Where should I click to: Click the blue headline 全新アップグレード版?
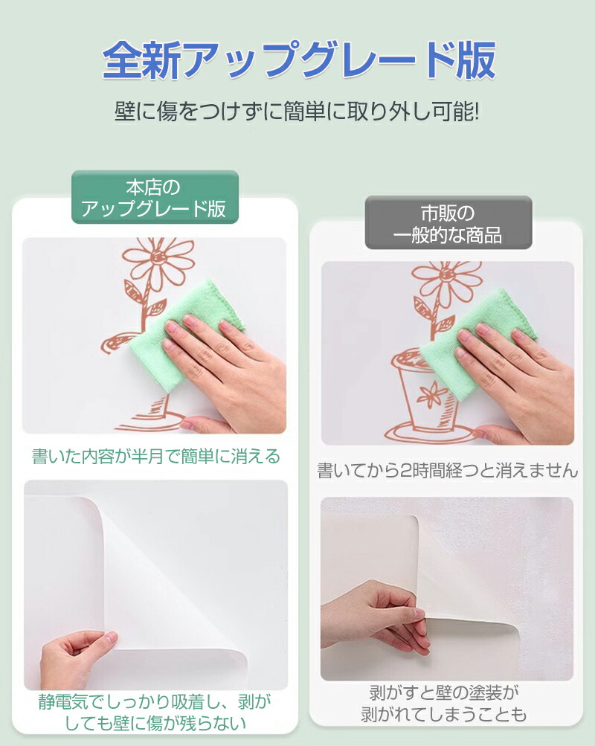tap(299, 60)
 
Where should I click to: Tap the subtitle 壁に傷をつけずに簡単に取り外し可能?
tap(297, 113)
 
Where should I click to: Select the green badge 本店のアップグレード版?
tap(155, 197)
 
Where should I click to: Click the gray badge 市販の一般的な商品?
tap(448, 223)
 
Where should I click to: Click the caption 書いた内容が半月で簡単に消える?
tap(155, 456)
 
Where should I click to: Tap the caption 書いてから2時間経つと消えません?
tap(447, 471)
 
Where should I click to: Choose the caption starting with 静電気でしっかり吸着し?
tap(155, 713)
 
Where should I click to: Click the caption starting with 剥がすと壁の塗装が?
tap(444, 703)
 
